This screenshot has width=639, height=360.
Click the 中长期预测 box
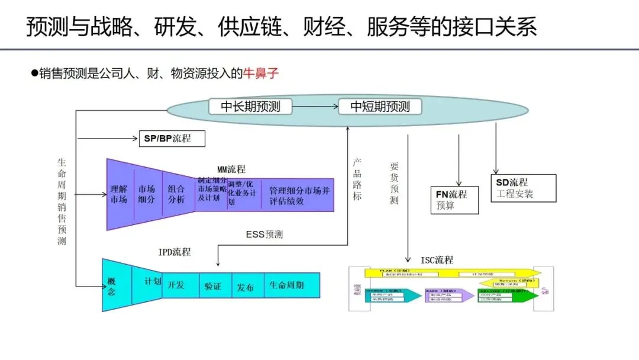250,107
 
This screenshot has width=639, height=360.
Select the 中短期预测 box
380,107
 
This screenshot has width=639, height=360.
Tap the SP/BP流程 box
172,139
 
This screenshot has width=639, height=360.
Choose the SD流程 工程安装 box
523,188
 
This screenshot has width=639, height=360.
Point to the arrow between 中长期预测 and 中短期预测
317,107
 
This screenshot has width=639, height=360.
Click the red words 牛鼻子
260,74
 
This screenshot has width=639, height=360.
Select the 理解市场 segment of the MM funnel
119,195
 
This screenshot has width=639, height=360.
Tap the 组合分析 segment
176,195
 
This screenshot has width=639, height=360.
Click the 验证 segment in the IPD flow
213,286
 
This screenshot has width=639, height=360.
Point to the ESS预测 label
264,235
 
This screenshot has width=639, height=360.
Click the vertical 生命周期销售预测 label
62,201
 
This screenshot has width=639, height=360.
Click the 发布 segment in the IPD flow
246,286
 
